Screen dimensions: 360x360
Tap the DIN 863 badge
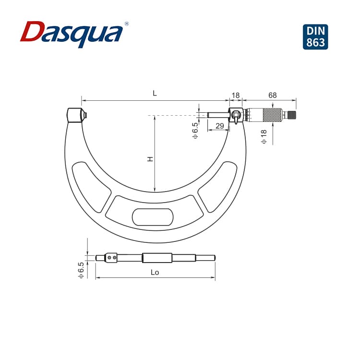click(x=316, y=36)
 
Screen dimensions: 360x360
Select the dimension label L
click(x=155, y=94)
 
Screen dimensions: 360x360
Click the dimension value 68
click(x=272, y=95)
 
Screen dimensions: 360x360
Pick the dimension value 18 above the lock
click(x=235, y=95)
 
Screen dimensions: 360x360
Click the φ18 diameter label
click(x=264, y=136)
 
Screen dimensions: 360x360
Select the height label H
click(x=150, y=158)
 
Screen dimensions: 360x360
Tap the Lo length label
click(x=155, y=272)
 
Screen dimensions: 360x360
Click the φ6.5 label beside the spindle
click(x=195, y=131)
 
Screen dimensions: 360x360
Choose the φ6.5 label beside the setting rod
click(x=81, y=270)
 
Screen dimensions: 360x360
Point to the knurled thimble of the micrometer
click(x=272, y=115)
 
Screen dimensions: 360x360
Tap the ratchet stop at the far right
click(x=291, y=115)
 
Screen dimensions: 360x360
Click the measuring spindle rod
click(x=217, y=115)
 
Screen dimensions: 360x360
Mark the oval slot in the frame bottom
click(x=153, y=217)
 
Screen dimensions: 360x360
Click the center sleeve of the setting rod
click(x=157, y=258)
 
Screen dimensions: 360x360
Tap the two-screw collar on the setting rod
click(x=112, y=258)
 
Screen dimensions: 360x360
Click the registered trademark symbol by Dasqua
click(x=126, y=24)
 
